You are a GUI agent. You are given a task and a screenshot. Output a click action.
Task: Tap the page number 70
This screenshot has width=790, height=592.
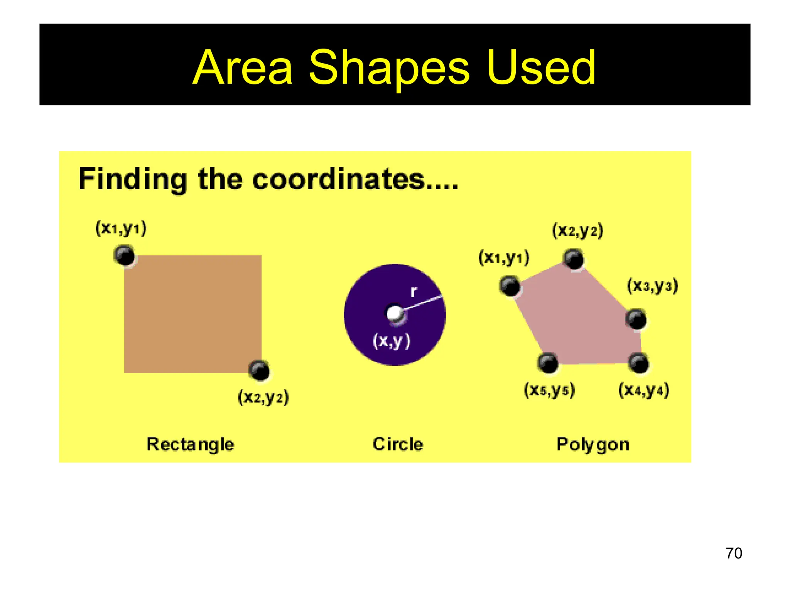[734, 553]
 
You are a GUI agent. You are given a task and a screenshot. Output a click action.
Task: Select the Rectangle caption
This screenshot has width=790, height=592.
[190, 444]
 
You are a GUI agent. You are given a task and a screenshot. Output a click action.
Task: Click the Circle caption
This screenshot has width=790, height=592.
[398, 444]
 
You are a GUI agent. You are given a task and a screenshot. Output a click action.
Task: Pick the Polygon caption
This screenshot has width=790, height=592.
[592, 444]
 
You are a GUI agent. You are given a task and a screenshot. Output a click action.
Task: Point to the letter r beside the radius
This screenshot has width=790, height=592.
[414, 291]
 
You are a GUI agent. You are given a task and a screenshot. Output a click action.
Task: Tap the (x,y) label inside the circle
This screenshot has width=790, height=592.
[392, 341]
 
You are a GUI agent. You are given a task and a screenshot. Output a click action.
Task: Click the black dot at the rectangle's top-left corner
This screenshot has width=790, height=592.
[125, 255]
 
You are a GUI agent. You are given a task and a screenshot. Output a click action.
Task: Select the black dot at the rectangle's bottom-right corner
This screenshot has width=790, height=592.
[259, 371]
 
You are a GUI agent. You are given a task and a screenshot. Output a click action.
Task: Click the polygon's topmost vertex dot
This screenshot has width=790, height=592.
[574, 259]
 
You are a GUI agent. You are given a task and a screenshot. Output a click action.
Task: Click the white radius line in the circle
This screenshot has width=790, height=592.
[422, 303]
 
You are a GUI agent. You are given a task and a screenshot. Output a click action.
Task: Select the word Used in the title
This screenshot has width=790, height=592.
[541, 69]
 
